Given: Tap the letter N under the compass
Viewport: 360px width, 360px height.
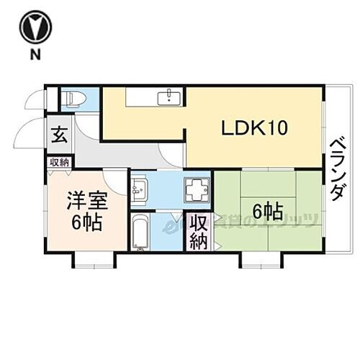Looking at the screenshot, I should coord(34,55).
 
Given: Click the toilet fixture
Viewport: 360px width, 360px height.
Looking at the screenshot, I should coord(72,98).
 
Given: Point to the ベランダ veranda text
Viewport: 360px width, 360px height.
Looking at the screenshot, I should coord(336,170).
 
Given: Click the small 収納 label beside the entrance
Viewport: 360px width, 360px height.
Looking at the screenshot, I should coord(59,162).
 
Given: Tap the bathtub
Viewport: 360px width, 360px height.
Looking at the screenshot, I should coord(142,232).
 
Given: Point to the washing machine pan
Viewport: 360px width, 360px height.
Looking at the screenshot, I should coord(195,191).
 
